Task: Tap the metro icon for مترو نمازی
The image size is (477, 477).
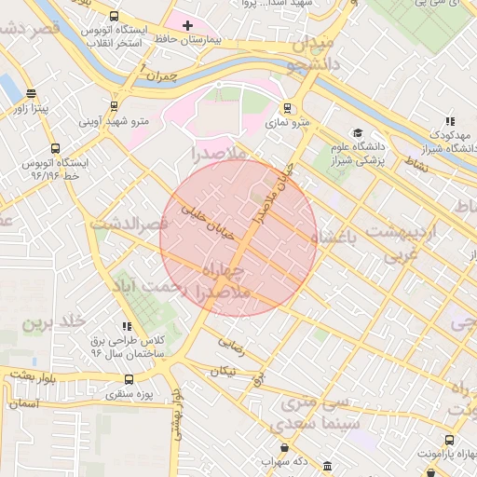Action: tap(286, 107)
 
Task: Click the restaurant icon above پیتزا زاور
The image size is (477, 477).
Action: tap(33, 93)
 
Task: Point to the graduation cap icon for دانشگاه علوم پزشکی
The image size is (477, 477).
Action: tap(357, 132)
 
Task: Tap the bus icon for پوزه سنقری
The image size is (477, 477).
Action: tap(129, 379)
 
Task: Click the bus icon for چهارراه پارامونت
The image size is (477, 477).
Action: tap(450, 439)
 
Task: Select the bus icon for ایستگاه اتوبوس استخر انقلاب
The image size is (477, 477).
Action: tap(114, 17)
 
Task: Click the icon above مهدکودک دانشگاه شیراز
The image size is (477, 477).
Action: tap(450, 121)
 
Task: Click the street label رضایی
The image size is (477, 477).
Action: tap(231, 344)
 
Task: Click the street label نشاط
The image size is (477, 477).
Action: tap(416, 163)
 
